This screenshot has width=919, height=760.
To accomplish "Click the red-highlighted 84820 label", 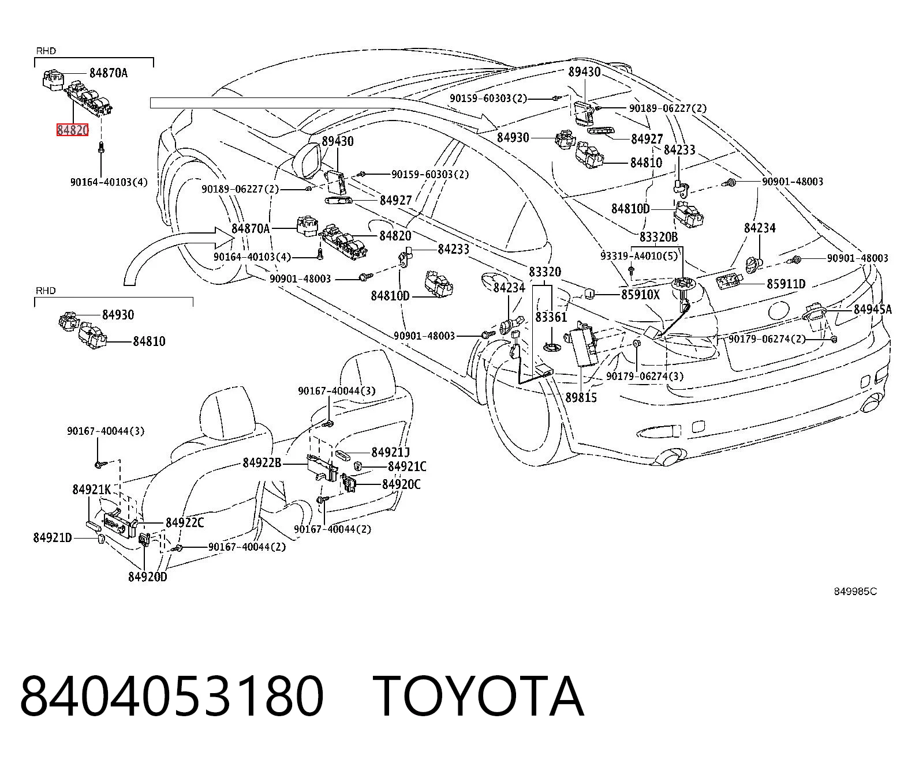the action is pos(73,130).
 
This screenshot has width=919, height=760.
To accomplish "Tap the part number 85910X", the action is pos(640,294).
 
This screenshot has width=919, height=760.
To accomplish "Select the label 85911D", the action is pos(786,284).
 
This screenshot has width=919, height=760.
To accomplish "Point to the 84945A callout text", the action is pos(873,309).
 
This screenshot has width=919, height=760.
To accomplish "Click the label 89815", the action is pos(581,397).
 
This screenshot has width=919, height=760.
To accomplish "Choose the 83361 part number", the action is pos(551,317).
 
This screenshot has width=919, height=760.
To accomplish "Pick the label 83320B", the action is pos(659,237).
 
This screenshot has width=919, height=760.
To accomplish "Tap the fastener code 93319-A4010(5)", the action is pos(639,255).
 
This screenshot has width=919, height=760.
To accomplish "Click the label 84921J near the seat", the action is pos(390,452).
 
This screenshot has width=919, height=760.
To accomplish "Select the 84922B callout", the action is pos(262,462).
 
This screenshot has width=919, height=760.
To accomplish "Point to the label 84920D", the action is pos(147,577).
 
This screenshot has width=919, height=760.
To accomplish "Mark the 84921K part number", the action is pos(92,490).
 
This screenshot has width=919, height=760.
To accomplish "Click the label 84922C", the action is pos(185,522).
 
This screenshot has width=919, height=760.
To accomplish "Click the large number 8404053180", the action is pos(171,697).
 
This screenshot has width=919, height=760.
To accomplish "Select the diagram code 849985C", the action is pos(855,592).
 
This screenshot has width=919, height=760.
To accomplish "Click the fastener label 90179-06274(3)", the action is pos(645,376).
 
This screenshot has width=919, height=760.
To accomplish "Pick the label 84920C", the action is pos(401,484).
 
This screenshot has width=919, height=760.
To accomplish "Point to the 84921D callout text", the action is pos(53,537).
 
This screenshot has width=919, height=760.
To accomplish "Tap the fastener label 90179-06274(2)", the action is pos(767,338).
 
